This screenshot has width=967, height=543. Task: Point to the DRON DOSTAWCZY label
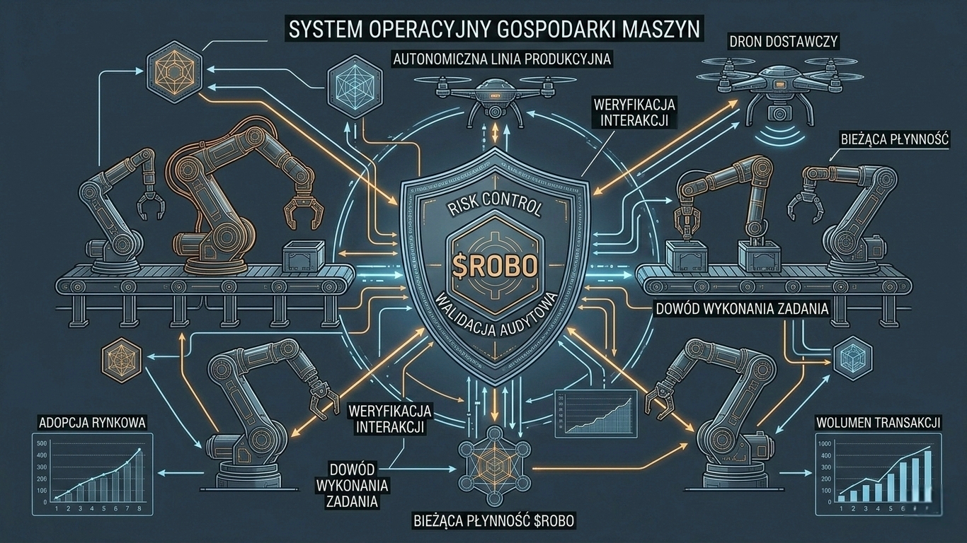pos(783,42)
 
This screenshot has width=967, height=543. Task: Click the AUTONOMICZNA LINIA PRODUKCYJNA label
pos(502,59)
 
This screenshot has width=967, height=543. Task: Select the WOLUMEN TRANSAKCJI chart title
pos(878,423)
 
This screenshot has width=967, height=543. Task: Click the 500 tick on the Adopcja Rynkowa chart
pos(41,444)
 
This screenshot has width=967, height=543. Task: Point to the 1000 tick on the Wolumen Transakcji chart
pos(824,444)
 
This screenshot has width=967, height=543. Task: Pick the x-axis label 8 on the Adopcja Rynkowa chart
pos(139,508)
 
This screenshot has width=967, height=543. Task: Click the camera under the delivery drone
pos(779,112)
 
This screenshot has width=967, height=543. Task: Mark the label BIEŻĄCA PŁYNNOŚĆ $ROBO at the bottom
pos(493,522)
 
